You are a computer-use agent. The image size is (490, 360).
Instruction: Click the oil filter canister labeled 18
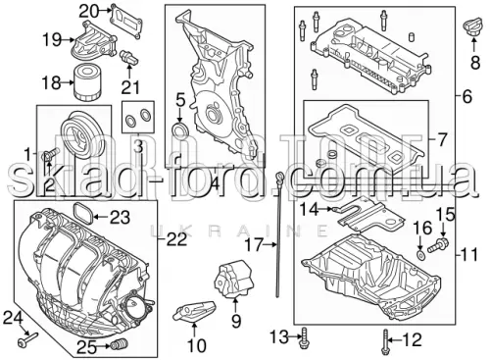85,82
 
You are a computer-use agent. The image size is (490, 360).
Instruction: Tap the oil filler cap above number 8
473,26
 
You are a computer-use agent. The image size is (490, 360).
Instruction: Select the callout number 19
52,40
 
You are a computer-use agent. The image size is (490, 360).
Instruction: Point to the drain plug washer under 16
420,254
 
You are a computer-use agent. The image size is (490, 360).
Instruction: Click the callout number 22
177,239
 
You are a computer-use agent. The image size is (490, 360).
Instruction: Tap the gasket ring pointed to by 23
82,215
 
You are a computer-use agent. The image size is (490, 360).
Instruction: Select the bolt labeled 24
27,338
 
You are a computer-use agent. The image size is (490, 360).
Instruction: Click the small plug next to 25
120,345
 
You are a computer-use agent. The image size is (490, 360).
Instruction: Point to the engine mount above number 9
233,278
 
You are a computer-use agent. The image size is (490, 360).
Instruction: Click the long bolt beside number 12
385,342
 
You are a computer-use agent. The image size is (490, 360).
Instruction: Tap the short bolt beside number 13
305,337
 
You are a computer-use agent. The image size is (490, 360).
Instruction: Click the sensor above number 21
129,58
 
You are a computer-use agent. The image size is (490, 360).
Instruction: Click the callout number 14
310,209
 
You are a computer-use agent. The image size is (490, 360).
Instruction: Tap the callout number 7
441,139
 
